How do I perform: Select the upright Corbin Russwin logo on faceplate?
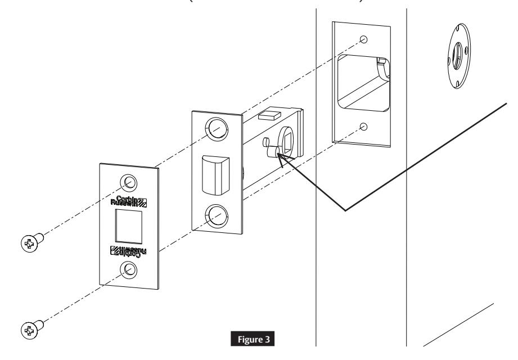click(130, 199)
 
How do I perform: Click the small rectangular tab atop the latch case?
click(268, 115)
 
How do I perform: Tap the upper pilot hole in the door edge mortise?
click(364, 40)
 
